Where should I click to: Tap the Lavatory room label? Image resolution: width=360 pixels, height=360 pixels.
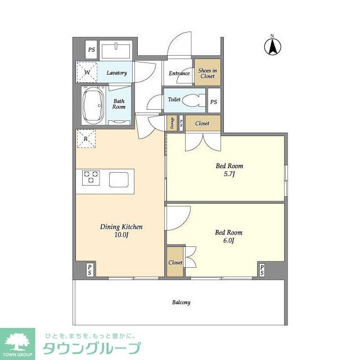[116, 73]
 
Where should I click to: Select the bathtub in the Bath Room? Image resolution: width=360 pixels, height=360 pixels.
[92, 105]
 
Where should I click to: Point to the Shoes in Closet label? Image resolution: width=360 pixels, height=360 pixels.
[207, 73]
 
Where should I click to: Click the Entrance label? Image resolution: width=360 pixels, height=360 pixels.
[179, 73]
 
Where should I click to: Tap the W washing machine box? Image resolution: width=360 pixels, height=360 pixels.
[87, 71]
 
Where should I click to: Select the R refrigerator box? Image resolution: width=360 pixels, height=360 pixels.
[85, 138]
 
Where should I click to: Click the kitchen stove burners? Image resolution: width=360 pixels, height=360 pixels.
[91, 178]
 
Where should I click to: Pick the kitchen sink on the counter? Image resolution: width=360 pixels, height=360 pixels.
[119, 179]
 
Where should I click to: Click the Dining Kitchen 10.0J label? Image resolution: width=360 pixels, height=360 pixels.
[121, 231]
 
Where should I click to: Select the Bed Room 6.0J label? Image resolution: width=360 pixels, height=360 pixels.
[228, 236]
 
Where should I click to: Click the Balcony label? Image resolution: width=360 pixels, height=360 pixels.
[181, 302]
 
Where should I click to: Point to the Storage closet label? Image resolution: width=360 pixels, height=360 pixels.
[172, 124]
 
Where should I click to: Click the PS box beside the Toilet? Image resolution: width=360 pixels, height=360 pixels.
[213, 102]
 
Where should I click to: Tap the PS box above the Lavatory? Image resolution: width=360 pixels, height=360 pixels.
[91, 50]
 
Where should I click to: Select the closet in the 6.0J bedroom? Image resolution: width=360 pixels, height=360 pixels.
[175, 262]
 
